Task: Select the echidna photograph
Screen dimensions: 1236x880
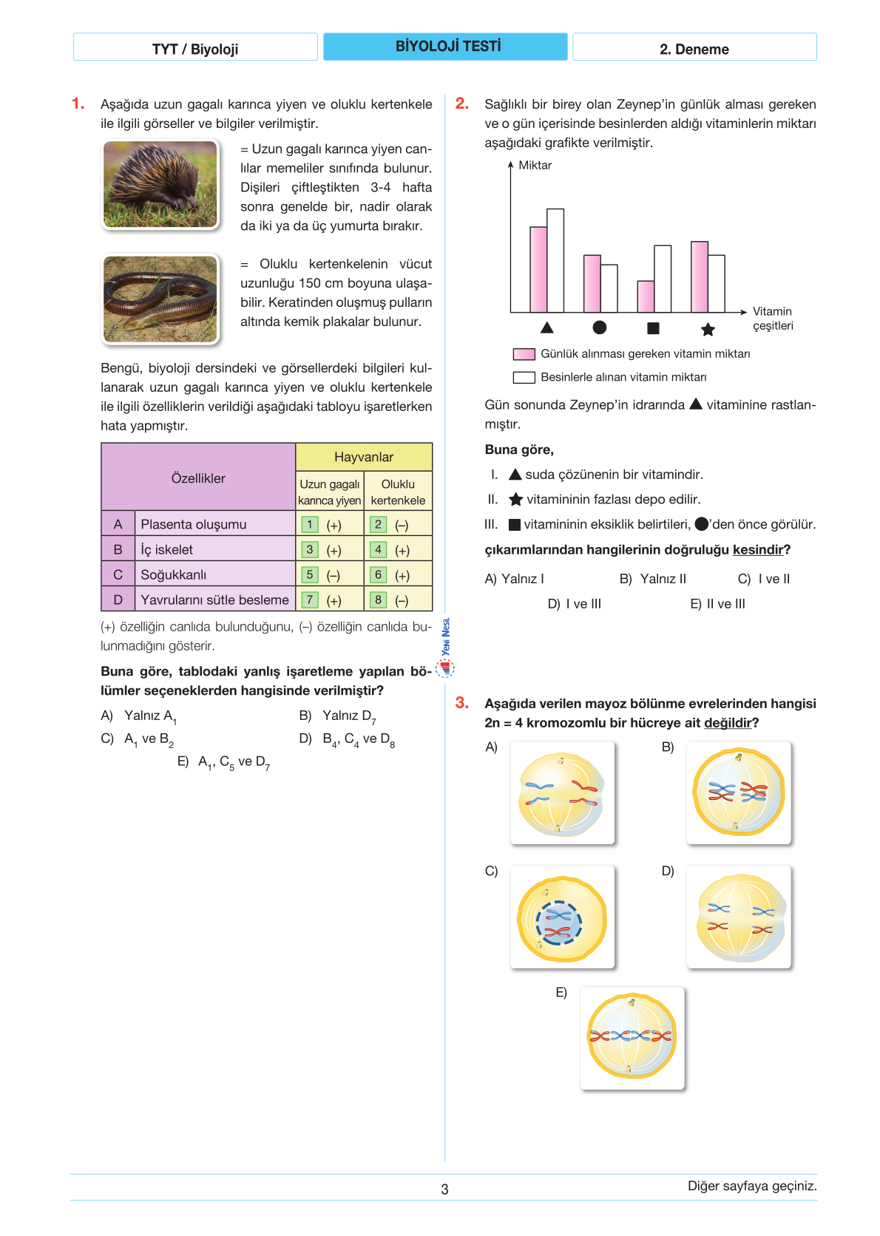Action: [160, 185]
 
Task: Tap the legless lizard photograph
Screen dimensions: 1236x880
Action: [160, 299]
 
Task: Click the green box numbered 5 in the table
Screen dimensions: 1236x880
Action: [310, 574]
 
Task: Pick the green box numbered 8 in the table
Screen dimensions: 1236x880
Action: [378, 600]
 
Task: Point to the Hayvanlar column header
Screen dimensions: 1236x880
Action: [364, 457]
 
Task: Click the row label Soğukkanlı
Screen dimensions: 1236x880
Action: [174, 574]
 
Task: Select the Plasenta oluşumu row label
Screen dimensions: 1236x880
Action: [194, 524]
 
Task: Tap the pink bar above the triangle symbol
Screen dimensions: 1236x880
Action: [538, 269]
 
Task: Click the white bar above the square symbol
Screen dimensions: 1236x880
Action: [663, 279]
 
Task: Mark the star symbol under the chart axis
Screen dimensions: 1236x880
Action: [708, 329]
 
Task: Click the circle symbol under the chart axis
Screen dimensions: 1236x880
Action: [600, 327]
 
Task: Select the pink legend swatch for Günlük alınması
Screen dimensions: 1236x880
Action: [524, 354]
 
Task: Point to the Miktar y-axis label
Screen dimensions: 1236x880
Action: [535, 166]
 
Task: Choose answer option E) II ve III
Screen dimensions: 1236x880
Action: [717, 604]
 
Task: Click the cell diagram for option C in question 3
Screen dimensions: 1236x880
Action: [562, 917]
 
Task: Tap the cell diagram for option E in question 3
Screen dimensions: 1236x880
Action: [632, 1038]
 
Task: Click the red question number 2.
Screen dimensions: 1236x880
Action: [462, 103]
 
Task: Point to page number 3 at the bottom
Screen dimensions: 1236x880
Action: [444, 1189]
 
